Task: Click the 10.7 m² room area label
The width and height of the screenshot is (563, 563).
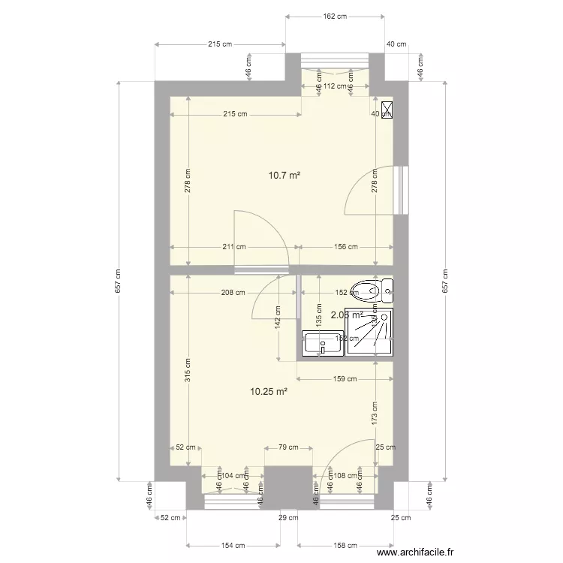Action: click(x=285, y=176)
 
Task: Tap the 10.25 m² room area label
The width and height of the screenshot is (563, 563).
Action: click(x=269, y=391)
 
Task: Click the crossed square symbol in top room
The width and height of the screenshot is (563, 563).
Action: click(x=387, y=110)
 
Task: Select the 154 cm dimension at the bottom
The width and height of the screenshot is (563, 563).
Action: click(x=233, y=545)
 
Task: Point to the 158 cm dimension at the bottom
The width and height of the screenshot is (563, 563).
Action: click(x=345, y=545)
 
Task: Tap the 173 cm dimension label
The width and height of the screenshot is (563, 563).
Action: click(x=375, y=413)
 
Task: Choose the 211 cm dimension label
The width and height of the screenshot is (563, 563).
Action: click(x=234, y=246)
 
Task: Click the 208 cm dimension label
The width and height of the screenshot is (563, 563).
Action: click(x=233, y=293)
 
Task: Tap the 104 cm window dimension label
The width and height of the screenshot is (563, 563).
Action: click(x=233, y=475)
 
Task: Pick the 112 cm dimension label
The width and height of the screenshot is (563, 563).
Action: click(x=336, y=86)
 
